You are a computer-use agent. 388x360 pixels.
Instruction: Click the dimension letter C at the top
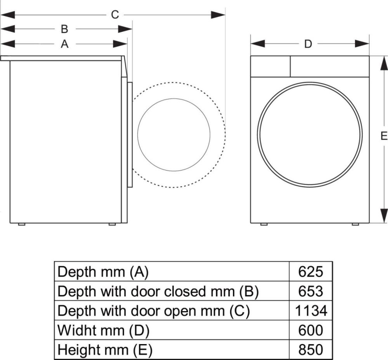(x=115, y=15)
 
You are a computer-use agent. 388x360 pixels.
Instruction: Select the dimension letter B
(x=65, y=29)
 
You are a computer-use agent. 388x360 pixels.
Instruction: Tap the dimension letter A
(x=65, y=44)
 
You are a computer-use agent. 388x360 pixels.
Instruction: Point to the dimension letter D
(x=308, y=44)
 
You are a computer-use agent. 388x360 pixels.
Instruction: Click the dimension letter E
(x=384, y=136)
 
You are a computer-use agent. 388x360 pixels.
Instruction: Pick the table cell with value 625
(x=310, y=271)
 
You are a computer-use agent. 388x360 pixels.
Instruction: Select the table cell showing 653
(x=310, y=291)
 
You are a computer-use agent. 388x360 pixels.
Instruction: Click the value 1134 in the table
(x=310, y=310)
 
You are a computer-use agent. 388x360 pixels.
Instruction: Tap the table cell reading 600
(x=310, y=330)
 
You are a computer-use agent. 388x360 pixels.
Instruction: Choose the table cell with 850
(x=310, y=350)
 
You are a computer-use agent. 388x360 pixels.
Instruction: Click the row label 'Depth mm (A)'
(x=103, y=271)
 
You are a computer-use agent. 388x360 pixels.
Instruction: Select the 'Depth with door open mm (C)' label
(x=153, y=310)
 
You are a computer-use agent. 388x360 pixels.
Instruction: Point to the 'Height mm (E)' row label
(x=105, y=350)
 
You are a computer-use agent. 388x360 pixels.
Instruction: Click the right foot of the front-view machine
(x=355, y=224)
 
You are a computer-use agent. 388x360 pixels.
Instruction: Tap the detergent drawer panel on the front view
(x=270, y=66)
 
